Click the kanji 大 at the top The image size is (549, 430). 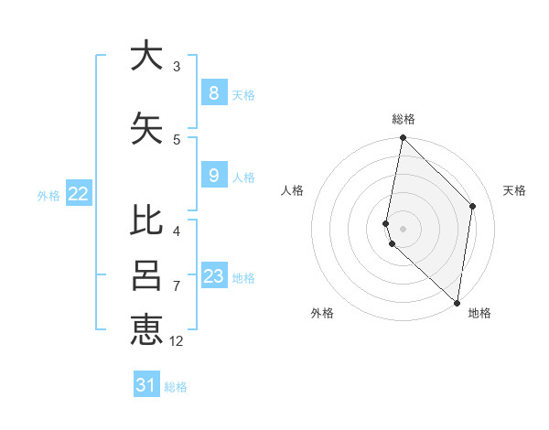click(x=146, y=56)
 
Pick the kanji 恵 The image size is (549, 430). click(x=146, y=329)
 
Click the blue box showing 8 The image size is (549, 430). click(x=213, y=93)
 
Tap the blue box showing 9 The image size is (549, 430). click(x=213, y=176)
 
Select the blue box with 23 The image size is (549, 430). click(x=213, y=276)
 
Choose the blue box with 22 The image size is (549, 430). click(x=79, y=194)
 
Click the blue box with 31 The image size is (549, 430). click(x=146, y=385)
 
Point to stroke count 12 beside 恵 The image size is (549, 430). click(x=177, y=341)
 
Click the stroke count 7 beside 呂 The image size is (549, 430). click(x=177, y=286)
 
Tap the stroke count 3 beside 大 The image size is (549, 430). click(x=177, y=67)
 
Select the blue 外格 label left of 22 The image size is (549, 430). click(x=48, y=195)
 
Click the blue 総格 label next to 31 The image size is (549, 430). click(x=176, y=387)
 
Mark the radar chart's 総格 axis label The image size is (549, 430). click(x=404, y=119)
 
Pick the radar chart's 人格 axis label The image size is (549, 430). click(x=293, y=190)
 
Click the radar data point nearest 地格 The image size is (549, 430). click(x=457, y=303)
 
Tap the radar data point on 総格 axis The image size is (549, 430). click(x=403, y=138)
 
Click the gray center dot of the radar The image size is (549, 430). click(x=403, y=228)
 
